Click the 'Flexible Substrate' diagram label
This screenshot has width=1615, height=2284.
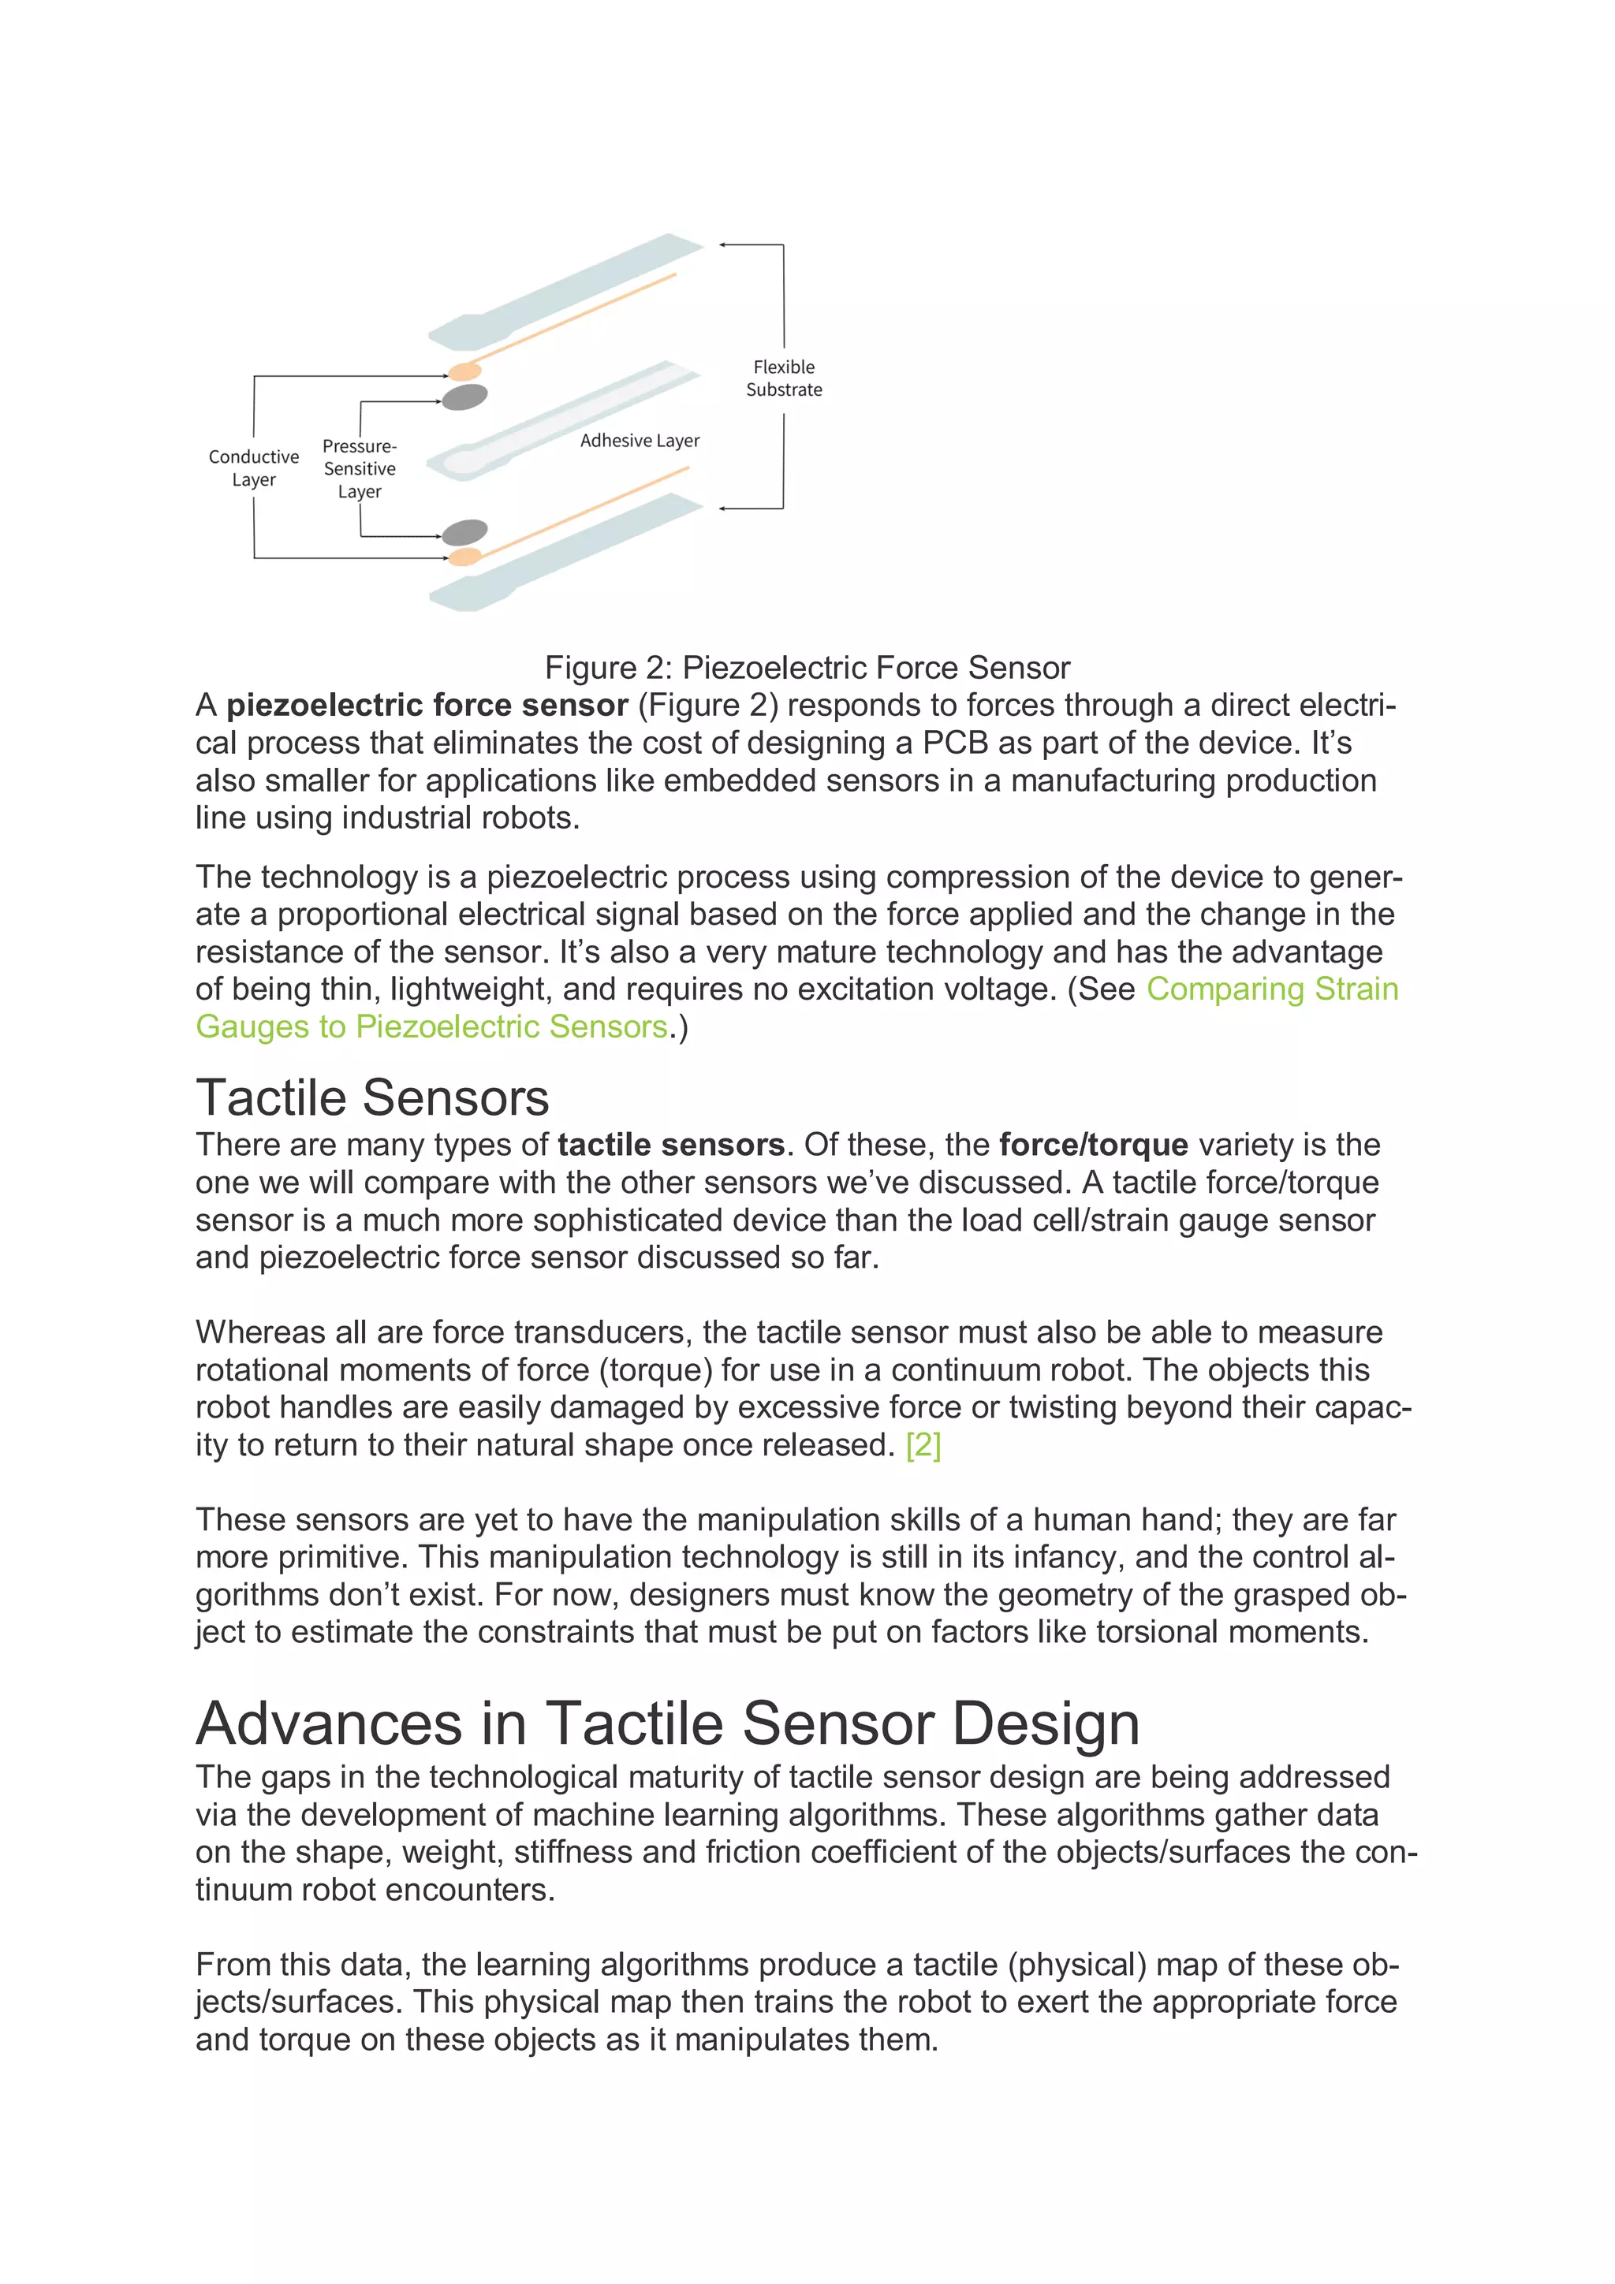(x=783, y=378)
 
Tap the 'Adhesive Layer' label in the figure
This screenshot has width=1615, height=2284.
(x=639, y=440)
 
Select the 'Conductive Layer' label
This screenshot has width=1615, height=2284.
(x=254, y=468)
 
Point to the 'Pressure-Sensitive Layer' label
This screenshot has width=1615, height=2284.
(x=360, y=468)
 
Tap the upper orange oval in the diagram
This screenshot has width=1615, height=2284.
(x=464, y=372)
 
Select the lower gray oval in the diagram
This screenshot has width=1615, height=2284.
(x=464, y=532)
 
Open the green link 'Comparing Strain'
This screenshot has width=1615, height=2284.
(x=1272, y=989)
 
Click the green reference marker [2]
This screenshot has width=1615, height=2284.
(x=923, y=1444)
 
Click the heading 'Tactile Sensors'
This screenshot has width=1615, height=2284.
(x=372, y=1097)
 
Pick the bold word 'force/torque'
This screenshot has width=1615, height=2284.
(x=1093, y=1145)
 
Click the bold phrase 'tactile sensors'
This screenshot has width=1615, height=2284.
(x=670, y=1145)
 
